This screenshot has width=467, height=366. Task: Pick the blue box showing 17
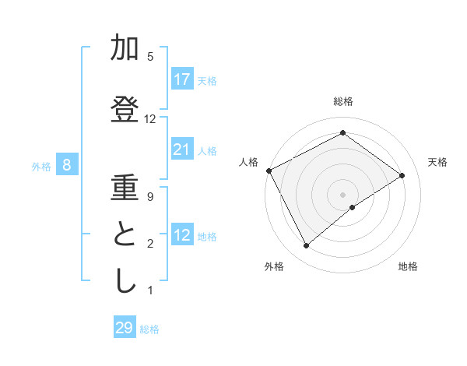pos(182,79)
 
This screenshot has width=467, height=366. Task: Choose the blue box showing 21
pos(182,150)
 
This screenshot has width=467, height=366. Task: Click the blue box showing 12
pos(182,235)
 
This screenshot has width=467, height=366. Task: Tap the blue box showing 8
pos(68,165)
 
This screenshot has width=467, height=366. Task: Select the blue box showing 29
pos(125,328)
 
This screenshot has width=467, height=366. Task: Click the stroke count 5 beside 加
pos(150,56)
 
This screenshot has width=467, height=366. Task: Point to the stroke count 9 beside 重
pos(150,196)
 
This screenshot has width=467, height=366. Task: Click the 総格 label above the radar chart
pos(343,101)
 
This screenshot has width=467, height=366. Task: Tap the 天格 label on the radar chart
pos(437,162)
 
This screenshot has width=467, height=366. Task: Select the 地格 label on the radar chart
pos(408,266)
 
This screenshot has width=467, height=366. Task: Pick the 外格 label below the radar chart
pos(274,266)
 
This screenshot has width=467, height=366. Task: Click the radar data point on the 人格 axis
pos(269,171)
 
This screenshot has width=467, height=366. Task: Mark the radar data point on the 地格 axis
pos(353,207)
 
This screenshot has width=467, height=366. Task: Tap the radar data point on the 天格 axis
pos(402,175)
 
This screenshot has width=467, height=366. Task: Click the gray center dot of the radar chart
pos(343,194)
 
